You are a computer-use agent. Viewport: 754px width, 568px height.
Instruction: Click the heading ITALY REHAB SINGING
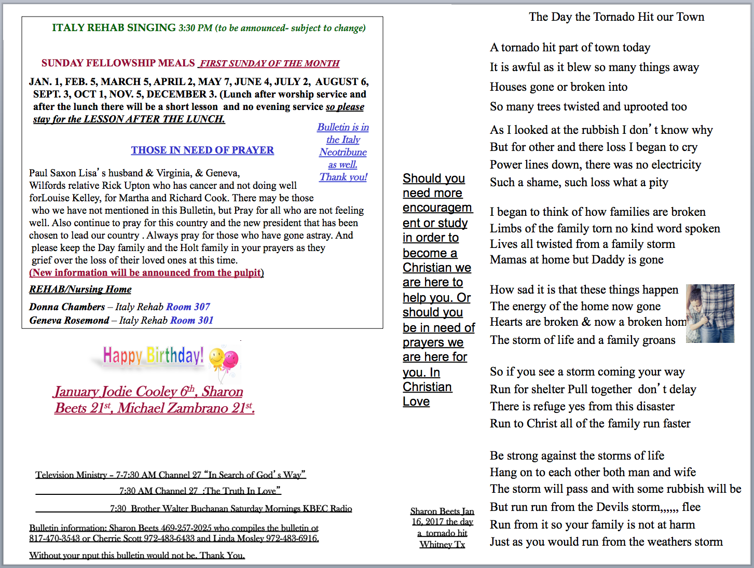114,28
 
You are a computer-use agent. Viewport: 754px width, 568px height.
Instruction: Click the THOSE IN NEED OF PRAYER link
202,150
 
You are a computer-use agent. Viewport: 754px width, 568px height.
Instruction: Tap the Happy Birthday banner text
153,356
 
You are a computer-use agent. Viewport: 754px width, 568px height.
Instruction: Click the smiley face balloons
224,359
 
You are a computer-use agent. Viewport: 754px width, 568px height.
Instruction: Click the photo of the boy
710,313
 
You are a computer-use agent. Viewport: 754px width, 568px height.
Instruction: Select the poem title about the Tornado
616,17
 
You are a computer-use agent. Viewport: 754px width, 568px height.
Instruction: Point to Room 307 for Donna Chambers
188,307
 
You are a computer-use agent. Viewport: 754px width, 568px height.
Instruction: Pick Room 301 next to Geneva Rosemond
192,321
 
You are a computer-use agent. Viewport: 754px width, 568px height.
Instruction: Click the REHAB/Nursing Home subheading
80,289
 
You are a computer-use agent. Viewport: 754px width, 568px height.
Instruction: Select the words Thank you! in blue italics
343,177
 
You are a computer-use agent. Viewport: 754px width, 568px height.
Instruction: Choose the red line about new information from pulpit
146,273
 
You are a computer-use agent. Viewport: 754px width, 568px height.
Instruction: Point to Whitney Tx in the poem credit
442,545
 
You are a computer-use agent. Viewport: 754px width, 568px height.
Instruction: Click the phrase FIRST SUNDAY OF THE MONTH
270,64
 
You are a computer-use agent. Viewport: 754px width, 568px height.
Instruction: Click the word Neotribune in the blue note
343,153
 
